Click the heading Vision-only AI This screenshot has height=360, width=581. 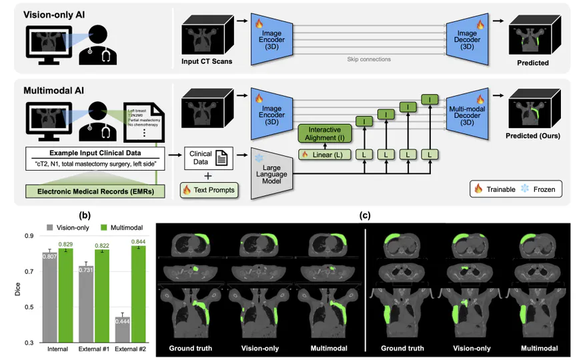59,15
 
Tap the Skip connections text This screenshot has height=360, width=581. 369,59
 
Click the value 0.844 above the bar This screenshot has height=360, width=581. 137,241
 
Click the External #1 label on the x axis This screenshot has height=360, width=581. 93,349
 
